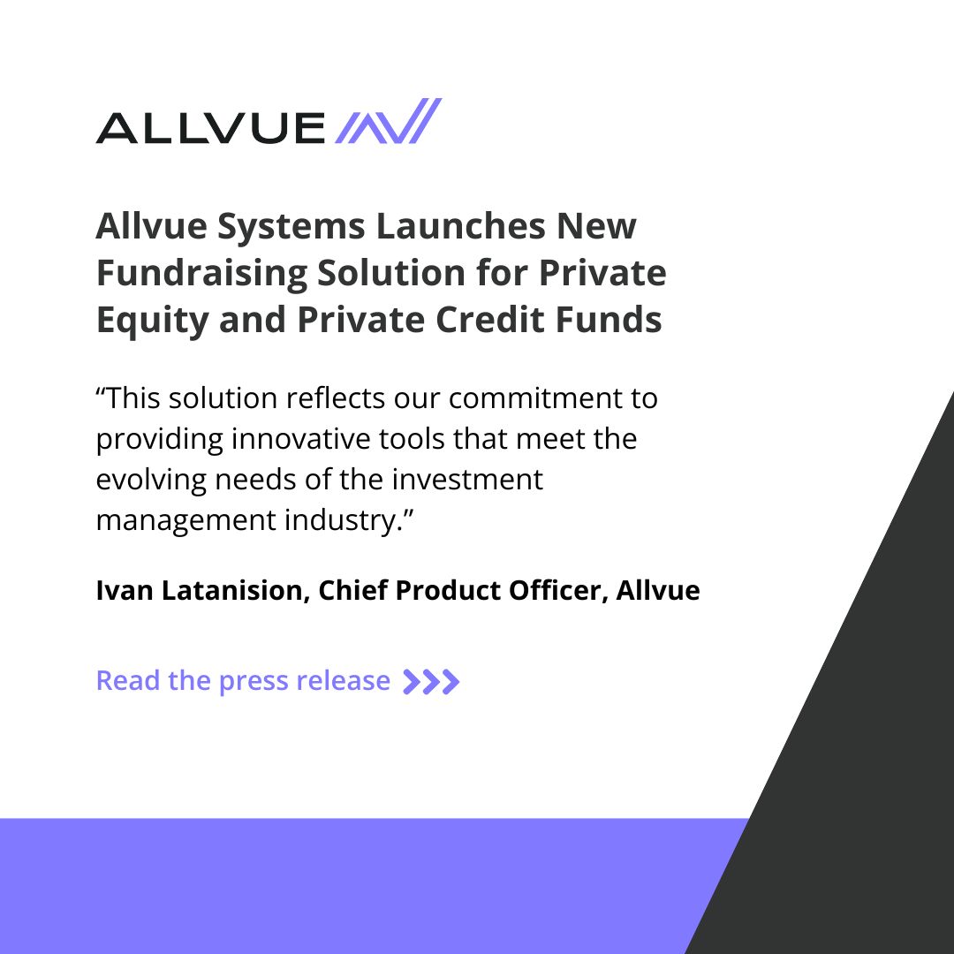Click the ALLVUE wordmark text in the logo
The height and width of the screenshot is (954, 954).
[x=210, y=128]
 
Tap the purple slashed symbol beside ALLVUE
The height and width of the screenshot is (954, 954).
[x=388, y=122]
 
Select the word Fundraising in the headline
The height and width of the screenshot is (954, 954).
[x=201, y=274]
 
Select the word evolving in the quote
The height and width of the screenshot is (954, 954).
[x=151, y=480]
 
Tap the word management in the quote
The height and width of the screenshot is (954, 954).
[x=184, y=520]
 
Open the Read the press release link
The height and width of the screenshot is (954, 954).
[x=243, y=681]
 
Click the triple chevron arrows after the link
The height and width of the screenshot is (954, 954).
[x=431, y=682]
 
